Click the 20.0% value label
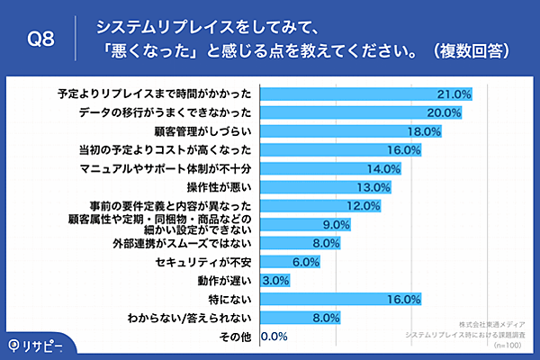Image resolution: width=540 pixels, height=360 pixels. point(444,112)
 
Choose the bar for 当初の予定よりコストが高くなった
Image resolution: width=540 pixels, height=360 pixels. point(340,149)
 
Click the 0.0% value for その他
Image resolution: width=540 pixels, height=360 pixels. point(274,337)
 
